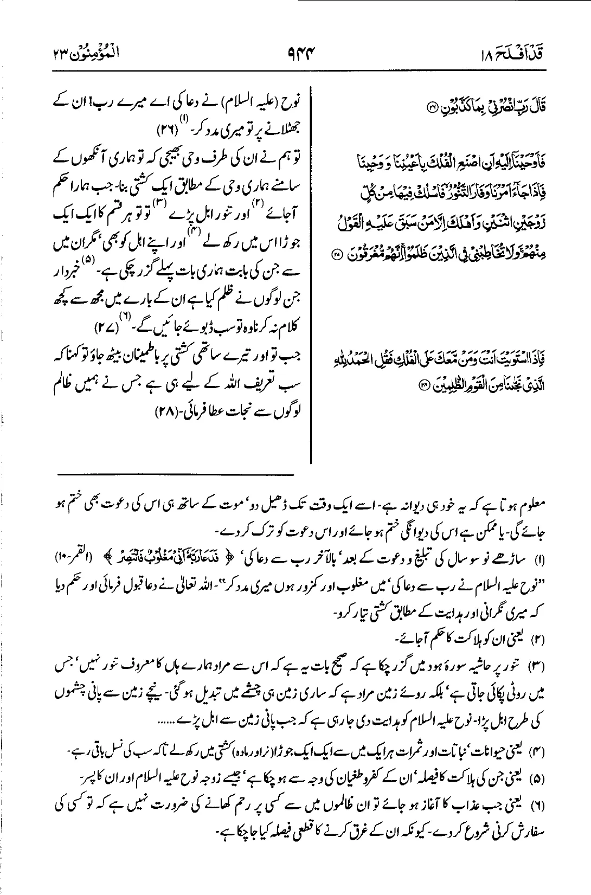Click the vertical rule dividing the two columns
(311, 271)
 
